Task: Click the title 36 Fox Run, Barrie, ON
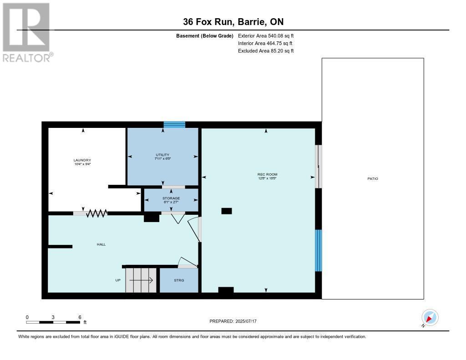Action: pos(233,22)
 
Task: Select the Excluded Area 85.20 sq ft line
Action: pos(266,51)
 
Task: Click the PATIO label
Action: pos(373,179)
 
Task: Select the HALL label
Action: pos(101,244)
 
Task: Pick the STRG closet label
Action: pos(179,280)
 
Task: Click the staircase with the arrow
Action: pos(141,280)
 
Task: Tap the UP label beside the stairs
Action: pos(118,280)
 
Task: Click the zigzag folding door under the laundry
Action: pos(96,213)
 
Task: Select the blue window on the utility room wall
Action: pos(174,124)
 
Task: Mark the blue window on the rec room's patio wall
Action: pos(319,250)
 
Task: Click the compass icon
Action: pos(430,317)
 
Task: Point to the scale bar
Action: pos(53,322)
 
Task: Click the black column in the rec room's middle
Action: pos(226,211)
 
